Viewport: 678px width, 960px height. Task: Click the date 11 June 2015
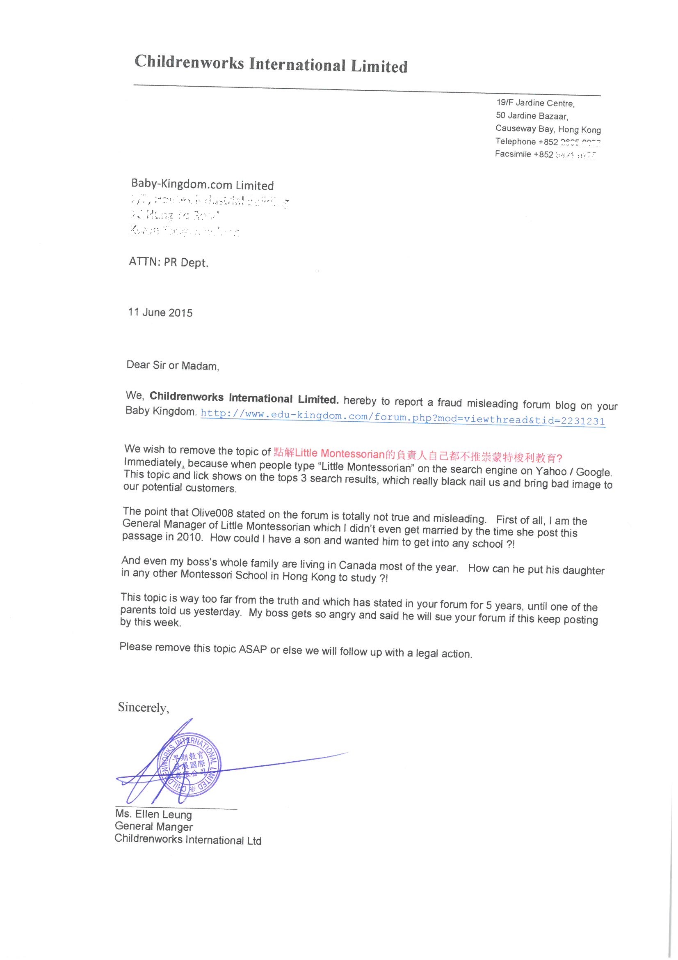tap(160, 312)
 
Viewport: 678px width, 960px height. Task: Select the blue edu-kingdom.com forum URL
tap(402, 418)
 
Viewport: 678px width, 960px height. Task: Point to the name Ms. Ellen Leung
tap(153, 815)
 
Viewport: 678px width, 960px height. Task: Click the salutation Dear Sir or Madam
tap(172, 365)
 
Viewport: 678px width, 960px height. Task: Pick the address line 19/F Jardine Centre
tap(535, 103)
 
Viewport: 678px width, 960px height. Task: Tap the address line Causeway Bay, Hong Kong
tap(548, 129)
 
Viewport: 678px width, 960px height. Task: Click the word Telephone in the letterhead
tap(515, 141)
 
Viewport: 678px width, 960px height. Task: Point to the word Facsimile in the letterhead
tap(513, 154)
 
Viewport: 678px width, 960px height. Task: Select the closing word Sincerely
tap(143, 707)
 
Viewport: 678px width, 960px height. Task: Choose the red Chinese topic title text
tap(417, 455)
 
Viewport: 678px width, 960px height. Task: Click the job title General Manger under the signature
tap(153, 827)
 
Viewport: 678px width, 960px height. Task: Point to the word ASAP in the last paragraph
tap(252, 650)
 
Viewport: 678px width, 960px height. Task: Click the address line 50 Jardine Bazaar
tap(532, 116)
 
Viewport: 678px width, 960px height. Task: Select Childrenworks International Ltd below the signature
tap(187, 839)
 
